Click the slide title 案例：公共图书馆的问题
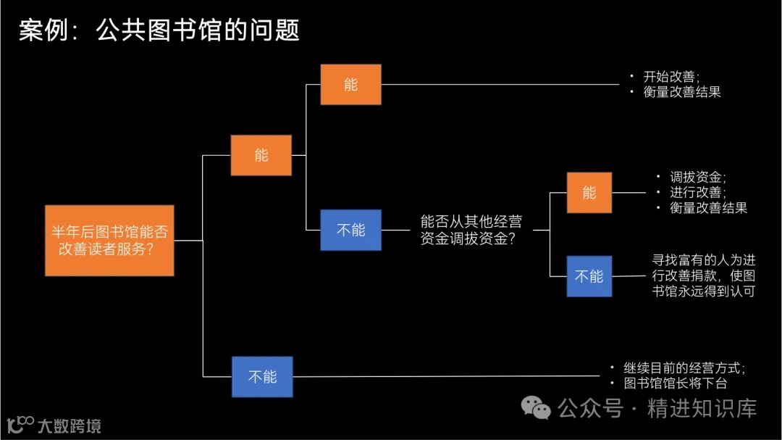159,30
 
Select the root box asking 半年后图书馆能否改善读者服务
109,240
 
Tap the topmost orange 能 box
350,85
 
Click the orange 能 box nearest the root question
261,155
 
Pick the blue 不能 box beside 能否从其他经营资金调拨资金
350,230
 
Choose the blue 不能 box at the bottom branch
262,376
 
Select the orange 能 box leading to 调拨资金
589,193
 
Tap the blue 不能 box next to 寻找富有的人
589,276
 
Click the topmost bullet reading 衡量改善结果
681,92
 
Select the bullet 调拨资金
697,177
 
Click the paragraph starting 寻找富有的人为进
703,275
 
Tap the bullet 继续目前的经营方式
684,368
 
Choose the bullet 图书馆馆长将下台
675,383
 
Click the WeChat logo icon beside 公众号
537,408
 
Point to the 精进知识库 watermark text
702,408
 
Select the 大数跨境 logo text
69,426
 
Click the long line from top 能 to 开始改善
500,85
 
